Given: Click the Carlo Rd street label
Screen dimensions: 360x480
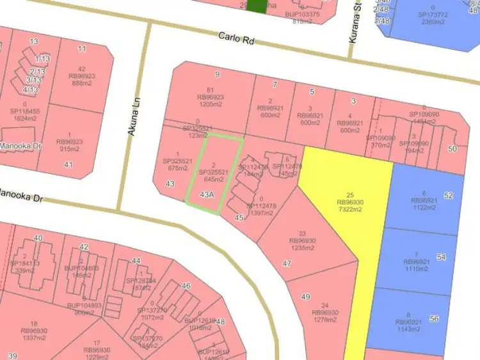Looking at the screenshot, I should (237, 39).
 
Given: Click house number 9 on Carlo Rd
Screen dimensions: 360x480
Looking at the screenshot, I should (217, 75).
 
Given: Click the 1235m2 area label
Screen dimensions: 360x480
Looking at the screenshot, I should (303, 248).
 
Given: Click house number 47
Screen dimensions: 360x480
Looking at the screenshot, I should (287, 263).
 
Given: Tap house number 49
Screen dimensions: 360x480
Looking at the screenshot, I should (305, 297).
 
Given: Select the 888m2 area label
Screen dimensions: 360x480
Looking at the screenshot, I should (82, 84).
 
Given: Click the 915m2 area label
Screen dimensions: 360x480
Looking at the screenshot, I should (70, 149).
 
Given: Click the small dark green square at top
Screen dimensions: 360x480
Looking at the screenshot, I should (257, 6).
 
